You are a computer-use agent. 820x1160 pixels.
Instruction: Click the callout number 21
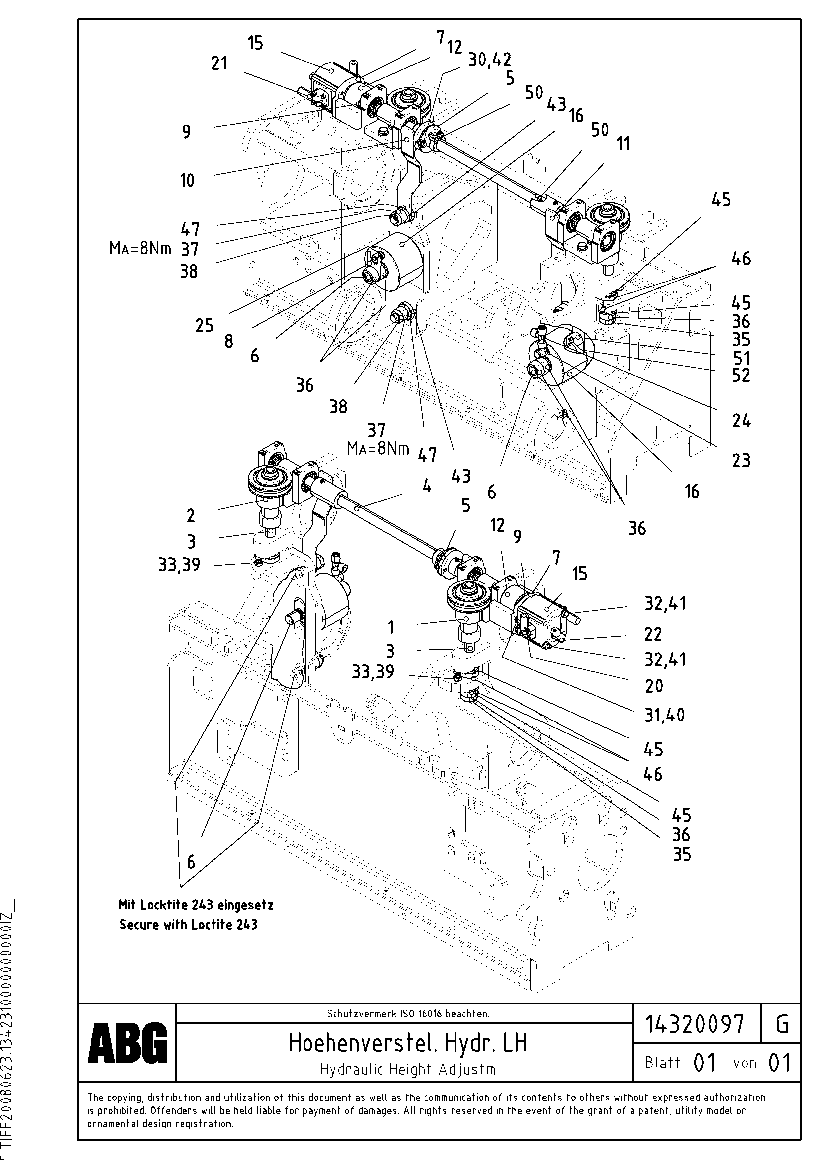coord(219,64)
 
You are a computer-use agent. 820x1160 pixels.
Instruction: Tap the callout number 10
coord(187,180)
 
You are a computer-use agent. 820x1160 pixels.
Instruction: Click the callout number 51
coord(741,358)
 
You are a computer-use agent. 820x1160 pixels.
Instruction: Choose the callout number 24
coord(741,421)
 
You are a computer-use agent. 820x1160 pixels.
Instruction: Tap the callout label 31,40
coord(664,715)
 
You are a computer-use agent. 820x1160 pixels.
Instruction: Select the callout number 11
coord(623,144)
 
